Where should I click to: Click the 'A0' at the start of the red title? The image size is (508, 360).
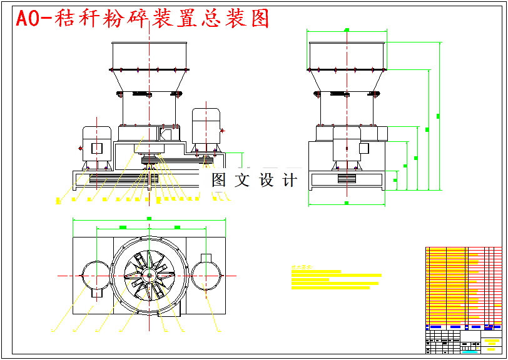point(28,19)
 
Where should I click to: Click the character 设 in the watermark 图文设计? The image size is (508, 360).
point(267,181)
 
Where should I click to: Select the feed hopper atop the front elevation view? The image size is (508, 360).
point(149,56)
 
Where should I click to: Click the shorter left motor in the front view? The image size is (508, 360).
point(97,147)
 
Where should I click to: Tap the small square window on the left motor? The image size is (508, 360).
point(97,147)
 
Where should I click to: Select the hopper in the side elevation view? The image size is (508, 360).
point(347,56)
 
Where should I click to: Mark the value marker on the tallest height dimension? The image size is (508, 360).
point(438,116)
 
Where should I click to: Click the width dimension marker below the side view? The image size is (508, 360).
point(347,203)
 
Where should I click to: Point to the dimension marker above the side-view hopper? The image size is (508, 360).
point(347,29)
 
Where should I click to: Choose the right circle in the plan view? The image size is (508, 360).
point(206,275)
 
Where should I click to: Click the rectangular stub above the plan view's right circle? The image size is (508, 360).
point(206,257)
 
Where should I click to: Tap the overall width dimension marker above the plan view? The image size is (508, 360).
point(149,219)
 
